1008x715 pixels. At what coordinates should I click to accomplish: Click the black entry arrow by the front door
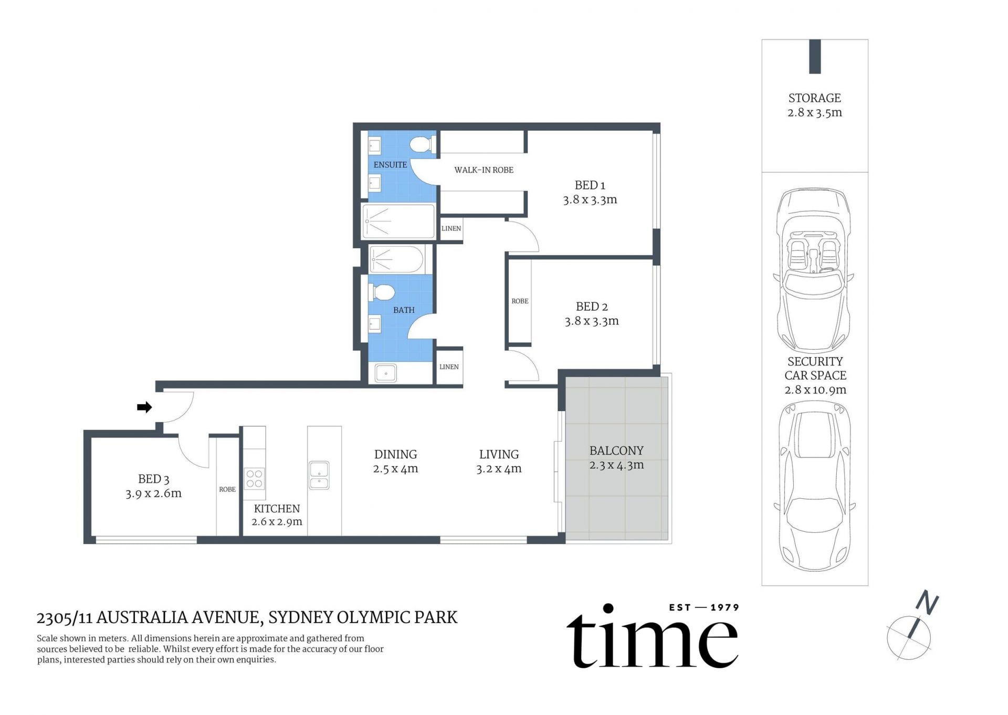[144, 407]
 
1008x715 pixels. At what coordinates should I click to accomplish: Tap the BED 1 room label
[590, 185]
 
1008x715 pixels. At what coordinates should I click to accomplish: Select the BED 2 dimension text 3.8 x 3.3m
[592, 321]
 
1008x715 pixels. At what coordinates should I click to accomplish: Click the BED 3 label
[153, 479]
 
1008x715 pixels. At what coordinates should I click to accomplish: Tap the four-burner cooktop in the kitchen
[255, 478]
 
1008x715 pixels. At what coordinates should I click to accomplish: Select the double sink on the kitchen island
[319, 475]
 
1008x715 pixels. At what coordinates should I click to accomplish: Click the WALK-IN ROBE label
[484, 170]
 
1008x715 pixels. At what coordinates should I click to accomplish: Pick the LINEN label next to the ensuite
[451, 228]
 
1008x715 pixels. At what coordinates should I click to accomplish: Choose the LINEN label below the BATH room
[449, 367]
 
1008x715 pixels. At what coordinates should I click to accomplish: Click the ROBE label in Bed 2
[520, 301]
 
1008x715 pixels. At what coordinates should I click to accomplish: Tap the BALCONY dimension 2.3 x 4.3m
[616, 465]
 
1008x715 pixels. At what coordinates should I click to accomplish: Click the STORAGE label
[814, 98]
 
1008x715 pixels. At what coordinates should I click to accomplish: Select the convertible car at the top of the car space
[813, 270]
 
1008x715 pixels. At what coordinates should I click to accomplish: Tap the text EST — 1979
[703, 607]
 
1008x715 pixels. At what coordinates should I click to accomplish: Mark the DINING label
[395, 455]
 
